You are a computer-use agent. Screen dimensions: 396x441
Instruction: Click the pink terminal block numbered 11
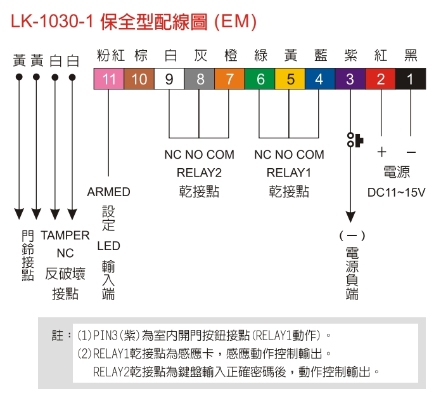pyautogui.click(x=109, y=79)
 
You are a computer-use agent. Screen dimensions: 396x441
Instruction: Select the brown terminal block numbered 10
pyautogui.click(x=139, y=79)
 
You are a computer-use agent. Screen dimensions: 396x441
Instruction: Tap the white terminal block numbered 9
pyautogui.click(x=169, y=79)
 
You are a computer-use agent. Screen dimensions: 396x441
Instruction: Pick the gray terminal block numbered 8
pyautogui.click(x=199, y=79)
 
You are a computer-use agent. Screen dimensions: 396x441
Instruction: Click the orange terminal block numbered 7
pyautogui.click(x=229, y=79)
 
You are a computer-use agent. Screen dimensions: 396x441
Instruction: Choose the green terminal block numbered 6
pyautogui.click(x=259, y=79)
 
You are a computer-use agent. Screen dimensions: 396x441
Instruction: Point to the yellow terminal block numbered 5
pyautogui.click(x=289, y=79)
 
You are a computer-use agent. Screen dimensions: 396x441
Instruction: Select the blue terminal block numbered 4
pyautogui.click(x=319, y=79)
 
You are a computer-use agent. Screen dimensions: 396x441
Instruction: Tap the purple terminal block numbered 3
pyautogui.click(x=349, y=79)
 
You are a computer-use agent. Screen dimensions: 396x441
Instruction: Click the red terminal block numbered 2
pyautogui.click(x=380, y=79)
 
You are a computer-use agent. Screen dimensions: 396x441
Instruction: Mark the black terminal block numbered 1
pyautogui.click(x=411, y=79)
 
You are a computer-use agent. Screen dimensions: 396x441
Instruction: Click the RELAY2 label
pyautogui.click(x=199, y=173)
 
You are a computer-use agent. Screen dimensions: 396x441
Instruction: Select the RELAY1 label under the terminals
pyautogui.click(x=289, y=173)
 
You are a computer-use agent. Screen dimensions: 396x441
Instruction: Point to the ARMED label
pyautogui.click(x=109, y=192)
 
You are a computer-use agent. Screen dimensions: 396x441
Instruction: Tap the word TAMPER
pyautogui.click(x=65, y=235)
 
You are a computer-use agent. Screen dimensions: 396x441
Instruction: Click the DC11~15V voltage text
pyautogui.click(x=397, y=192)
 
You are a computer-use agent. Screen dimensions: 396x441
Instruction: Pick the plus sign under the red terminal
pyautogui.click(x=381, y=152)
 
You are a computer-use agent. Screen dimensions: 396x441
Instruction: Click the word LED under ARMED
pyautogui.click(x=109, y=246)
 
